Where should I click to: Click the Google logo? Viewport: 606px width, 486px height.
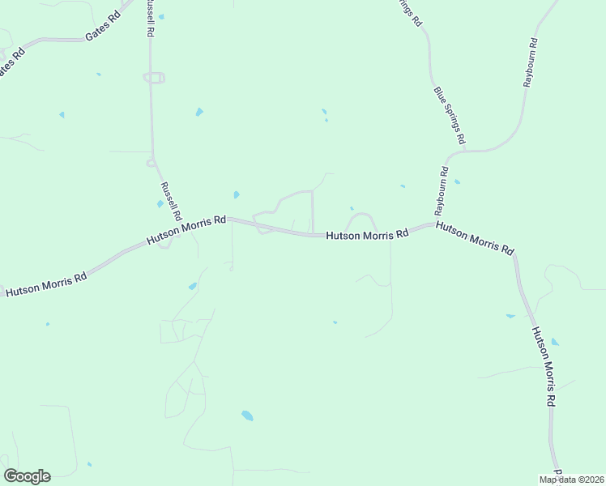pos(27,475)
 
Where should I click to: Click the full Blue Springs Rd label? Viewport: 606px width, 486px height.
pos(449,116)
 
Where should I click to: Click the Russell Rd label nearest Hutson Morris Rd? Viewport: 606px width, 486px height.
pos(170,202)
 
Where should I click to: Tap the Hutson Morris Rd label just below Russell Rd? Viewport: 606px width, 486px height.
pos(186,231)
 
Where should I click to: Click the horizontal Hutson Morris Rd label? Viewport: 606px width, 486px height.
pos(367,235)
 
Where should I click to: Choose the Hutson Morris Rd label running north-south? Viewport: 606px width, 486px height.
pos(544,366)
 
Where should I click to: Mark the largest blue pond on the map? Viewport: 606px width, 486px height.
pos(247,416)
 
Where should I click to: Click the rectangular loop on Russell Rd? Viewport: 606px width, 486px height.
pos(154,78)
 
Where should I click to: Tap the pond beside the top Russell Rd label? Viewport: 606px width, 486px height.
pos(161,16)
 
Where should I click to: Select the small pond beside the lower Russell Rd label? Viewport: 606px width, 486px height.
pos(160,203)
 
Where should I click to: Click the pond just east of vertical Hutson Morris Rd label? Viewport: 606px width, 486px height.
pos(555,342)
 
